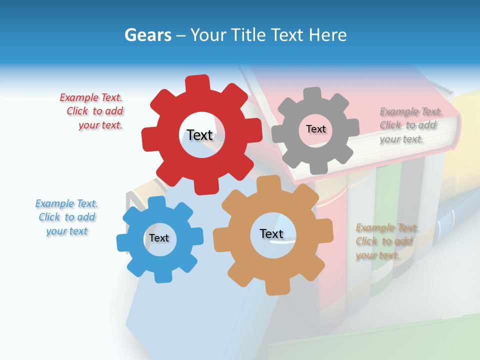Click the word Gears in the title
pos(147,35)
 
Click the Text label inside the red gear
pos(199,135)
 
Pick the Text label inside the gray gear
pos(315,129)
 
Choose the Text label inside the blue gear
pos(159,238)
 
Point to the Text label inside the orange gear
pos(271,233)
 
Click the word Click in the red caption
pos(78,111)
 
